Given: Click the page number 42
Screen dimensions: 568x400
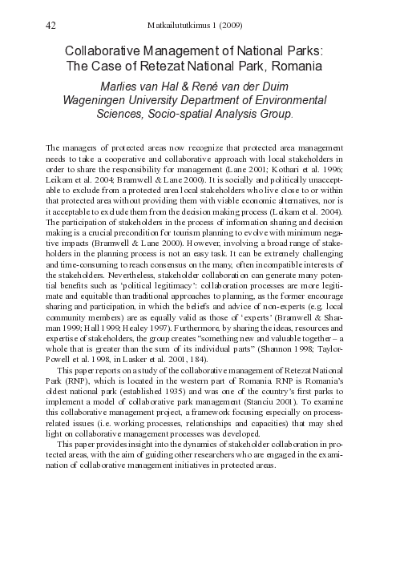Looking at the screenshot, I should [x=51, y=26].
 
